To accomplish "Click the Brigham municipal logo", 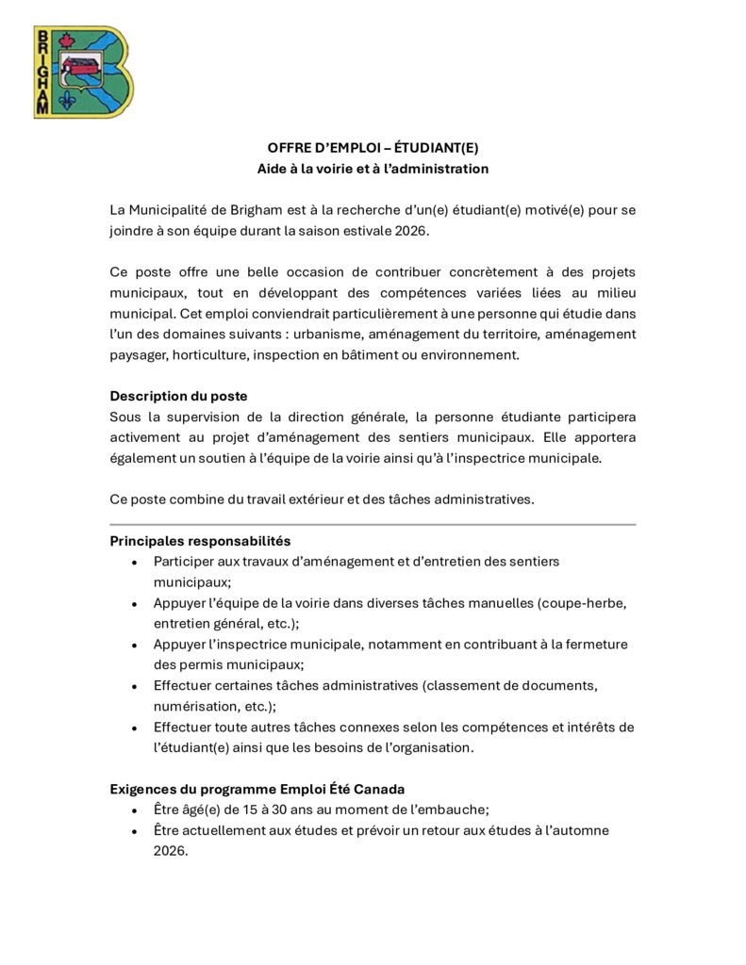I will coord(83,72).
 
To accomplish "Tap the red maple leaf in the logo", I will coord(66,41).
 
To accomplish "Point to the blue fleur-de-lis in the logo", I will coord(66,101).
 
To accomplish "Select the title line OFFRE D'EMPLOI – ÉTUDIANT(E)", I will coord(373,148).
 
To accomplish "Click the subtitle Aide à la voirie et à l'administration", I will coord(373,169).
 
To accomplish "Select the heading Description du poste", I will coord(178,396).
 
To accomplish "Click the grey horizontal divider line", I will coord(373,524).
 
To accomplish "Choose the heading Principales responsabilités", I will coord(200,541).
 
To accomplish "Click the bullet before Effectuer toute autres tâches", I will coord(134,728).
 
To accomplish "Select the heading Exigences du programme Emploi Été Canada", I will coord(257,789).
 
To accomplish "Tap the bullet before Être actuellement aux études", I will coord(134,831).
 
